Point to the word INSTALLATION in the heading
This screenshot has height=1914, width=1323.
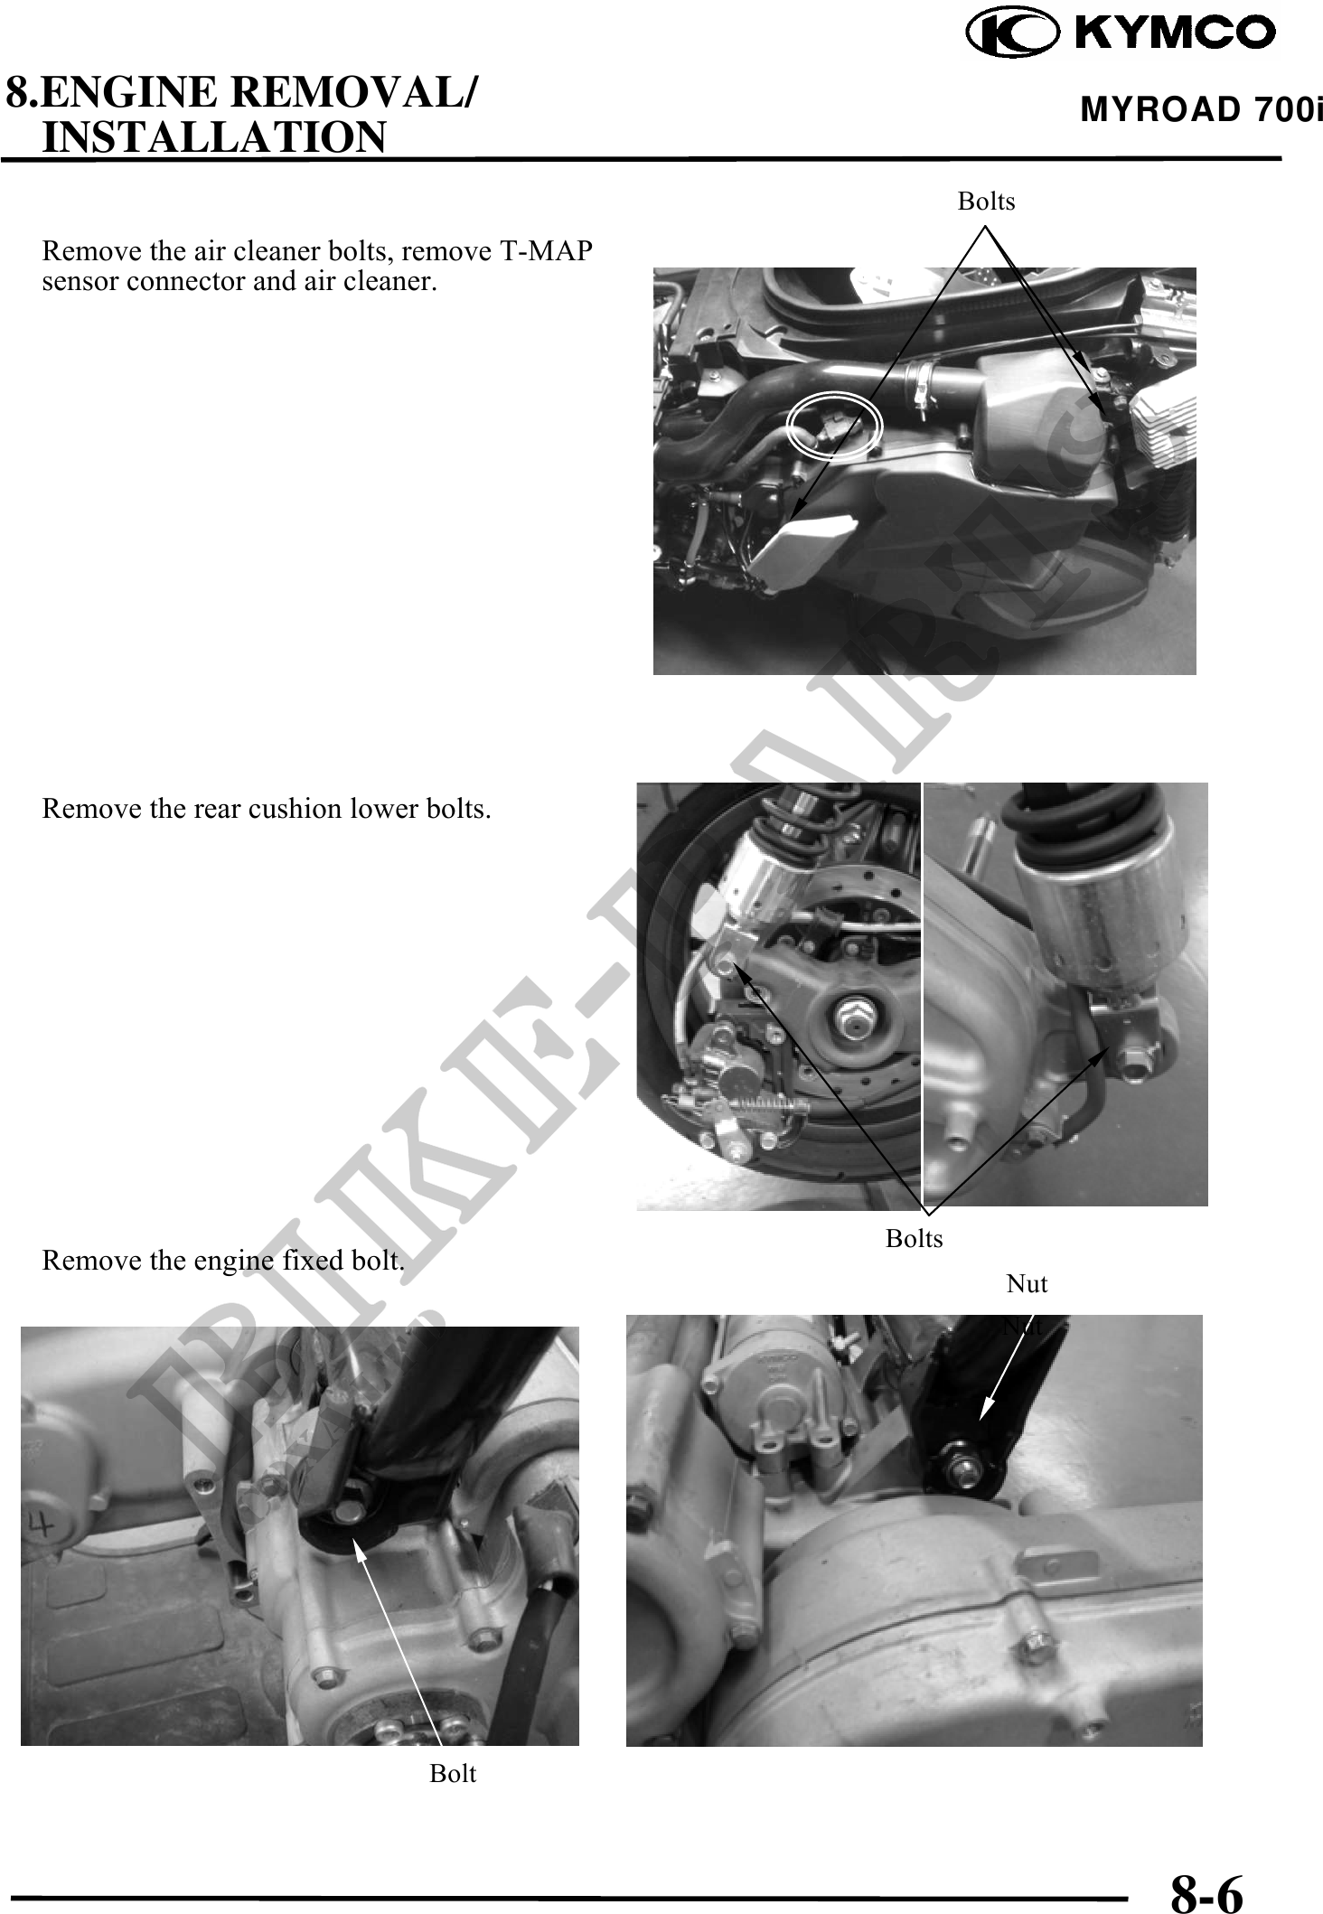pyautogui.click(x=214, y=137)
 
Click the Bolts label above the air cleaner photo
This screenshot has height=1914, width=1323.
pyautogui.click(x=986, y=201)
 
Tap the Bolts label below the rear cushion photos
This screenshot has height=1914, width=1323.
pyautogui.click(x=914, y=1238)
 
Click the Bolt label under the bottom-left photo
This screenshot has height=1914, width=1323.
pyautogui.click(x=452, y=1773)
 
